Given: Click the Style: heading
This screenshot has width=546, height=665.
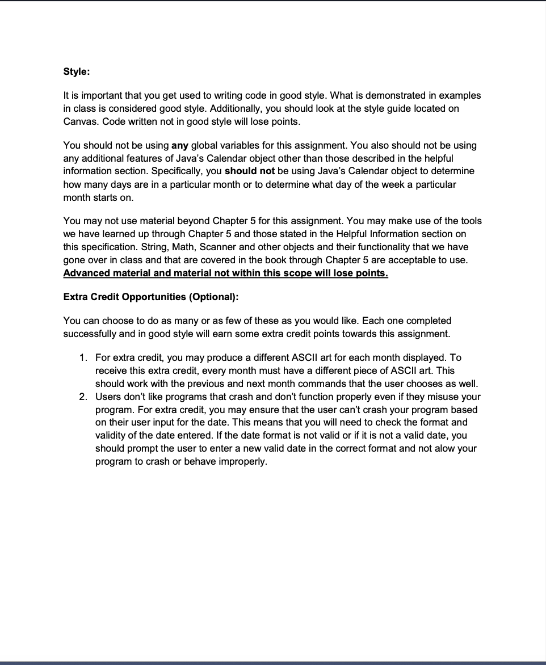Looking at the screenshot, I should pyautogui.click(x=77, y=72).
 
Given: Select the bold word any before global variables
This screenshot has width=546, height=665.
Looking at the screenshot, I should pyautogui.click(x=179, y=145).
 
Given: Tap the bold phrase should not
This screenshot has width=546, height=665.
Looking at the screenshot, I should pyautogui.click(x=249, y=171).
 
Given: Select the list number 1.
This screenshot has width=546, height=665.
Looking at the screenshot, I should pyautogui.click(x=83, y=357).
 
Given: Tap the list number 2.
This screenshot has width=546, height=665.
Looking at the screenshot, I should pyautogui.click(x=83, y=397).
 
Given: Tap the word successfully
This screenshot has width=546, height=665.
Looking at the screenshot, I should pyautogui.click(x=90, y=333).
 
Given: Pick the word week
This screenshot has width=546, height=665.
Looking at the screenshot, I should pyautogui.click(x=368, y=184).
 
